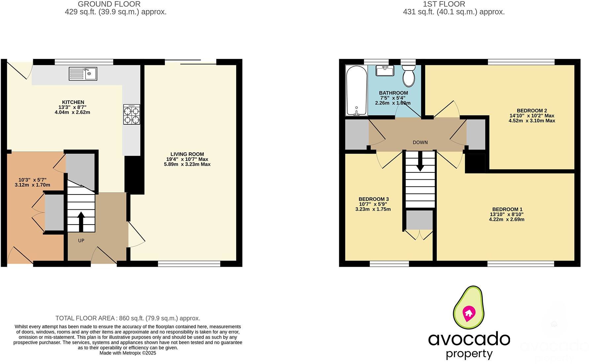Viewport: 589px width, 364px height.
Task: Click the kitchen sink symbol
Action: pos(83,74)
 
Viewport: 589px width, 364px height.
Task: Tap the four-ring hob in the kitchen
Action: pos(131,115)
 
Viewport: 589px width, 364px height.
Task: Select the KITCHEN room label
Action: pos(73,102)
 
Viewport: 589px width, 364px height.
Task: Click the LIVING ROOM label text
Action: pos(187,154)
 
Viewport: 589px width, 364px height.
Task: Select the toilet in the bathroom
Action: pos(409,76)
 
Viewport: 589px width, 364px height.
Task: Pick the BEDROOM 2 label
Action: pos(532,110)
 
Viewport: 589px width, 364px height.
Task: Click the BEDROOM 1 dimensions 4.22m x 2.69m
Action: pos(506,219)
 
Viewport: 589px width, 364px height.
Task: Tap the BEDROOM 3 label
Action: pos(374,199)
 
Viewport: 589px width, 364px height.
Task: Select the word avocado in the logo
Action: pos(469,339)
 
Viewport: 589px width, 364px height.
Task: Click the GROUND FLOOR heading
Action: pos(109,4)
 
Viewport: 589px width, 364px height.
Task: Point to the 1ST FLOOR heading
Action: pos(444,4)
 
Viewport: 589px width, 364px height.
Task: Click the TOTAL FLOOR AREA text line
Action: pos(128,318)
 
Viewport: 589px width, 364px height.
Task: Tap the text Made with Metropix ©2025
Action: pos(128,353)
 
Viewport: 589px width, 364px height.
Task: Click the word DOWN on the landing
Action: pos(420,142)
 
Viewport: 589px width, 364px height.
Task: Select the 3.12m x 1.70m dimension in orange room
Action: pos(32,185)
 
